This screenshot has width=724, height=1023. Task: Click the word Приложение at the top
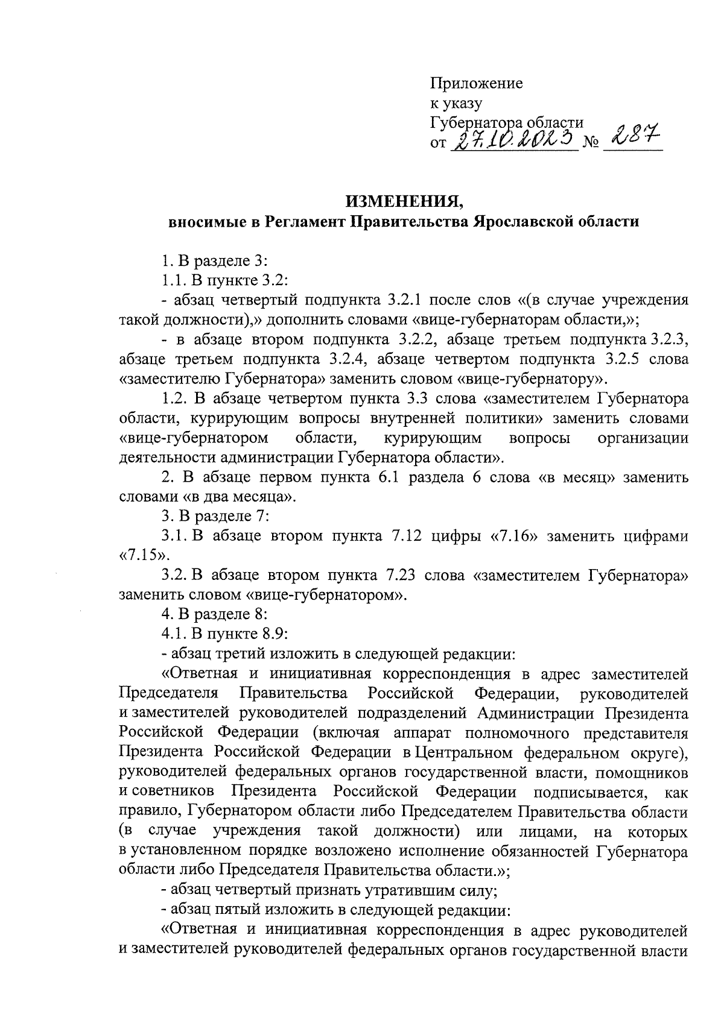click(x=476, y=83)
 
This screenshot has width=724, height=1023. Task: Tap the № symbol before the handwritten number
click(x=591, y=145)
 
